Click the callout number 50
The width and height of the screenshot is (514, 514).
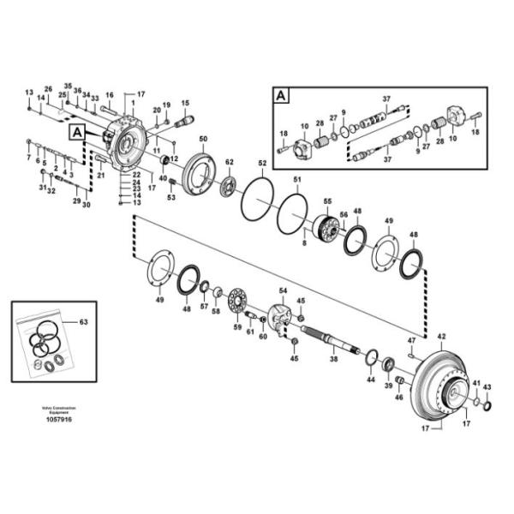pyautogui.click(x=203, y=139)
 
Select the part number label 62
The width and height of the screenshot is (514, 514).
pyautogui.click(x=229, y=162)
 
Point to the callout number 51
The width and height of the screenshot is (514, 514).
pyautogui.click(x=297, y=179)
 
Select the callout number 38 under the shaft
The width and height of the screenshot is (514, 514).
pyautogui.click(x=334, y=361)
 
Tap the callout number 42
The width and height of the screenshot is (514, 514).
pyautogui.click(x=442, y=337)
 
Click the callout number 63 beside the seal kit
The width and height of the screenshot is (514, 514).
pyautogui.click(x=83, y=323)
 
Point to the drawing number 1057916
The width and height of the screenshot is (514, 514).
pyautogui.click(x=58, y=421)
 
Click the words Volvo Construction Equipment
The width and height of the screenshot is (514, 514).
pyautogui.click(x=58, y=409)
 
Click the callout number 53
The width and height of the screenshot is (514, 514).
pyautogui.click(x=170, y=198)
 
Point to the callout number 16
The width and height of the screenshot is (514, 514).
pyautogui.click(x=110, y=95)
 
